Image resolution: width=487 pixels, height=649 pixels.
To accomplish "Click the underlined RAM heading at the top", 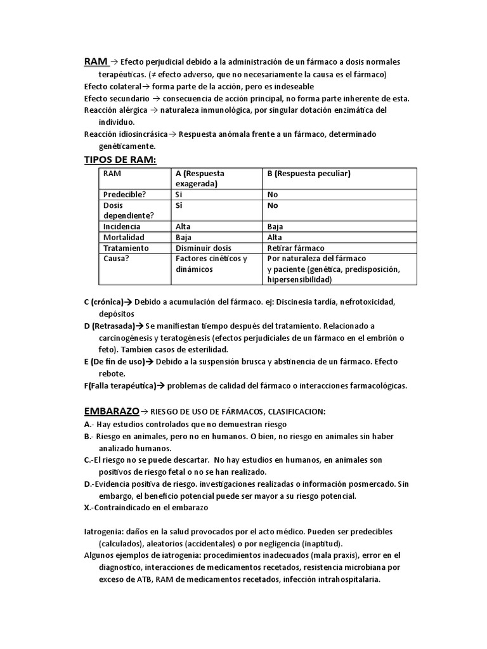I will point(95,61).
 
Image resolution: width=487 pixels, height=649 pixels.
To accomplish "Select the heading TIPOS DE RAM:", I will point(120,159).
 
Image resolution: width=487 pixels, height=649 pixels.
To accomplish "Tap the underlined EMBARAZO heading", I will point(111,411).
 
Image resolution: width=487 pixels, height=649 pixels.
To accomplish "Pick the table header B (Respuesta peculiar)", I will point(309,174).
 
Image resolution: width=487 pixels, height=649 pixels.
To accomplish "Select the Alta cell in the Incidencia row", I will point(183,226).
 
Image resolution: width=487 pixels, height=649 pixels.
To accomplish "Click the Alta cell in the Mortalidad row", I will point(275,237).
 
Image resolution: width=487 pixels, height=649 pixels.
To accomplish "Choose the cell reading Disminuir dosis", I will point(204,248).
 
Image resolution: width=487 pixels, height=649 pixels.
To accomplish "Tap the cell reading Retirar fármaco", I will point(295,248).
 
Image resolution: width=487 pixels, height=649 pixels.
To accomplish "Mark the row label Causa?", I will point(117,259).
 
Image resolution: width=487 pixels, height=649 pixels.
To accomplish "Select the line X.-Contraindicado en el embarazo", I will point(146,508).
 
